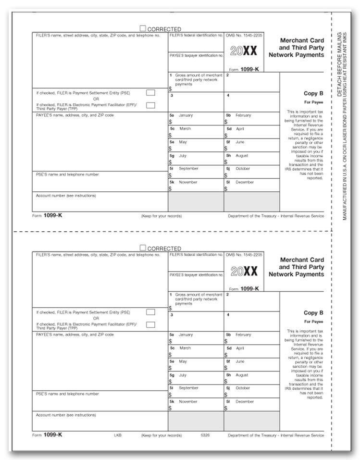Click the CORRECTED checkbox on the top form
click(143, 29)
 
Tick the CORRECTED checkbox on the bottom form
click(143, 248)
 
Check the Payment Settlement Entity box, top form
click(150, 93)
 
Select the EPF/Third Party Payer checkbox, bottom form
click(150, 324)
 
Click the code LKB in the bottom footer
click(118, 435)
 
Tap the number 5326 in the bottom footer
click(206, 435)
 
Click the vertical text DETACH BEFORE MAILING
click(339, 65)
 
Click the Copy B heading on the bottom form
click(313, 313)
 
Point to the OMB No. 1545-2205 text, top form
click(244, 36)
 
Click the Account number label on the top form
click(66, 196)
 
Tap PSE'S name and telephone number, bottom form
click(67, 394)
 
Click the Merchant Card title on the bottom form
click(302, 260)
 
